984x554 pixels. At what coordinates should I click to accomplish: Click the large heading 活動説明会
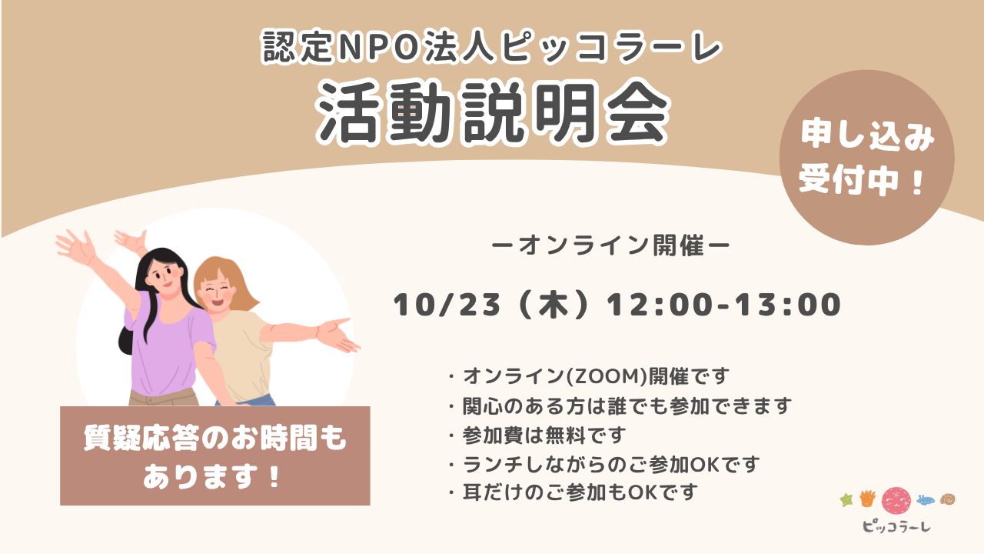click(493, 113)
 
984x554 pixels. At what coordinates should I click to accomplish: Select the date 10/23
click(447, 305)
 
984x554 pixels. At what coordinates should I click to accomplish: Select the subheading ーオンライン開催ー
click(610, 245)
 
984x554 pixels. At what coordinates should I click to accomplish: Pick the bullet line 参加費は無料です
click(544, 436)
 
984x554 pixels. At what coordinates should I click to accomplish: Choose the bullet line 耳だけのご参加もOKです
click(580, 492)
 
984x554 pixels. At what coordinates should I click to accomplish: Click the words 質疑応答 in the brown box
click(143, 439)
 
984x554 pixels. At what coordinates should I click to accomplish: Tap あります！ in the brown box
click(211, 476)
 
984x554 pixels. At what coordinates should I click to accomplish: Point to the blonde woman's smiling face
click(216, 292)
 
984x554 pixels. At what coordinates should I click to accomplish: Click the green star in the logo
click(846, 500)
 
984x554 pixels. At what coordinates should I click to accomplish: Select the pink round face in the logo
click(896, 500)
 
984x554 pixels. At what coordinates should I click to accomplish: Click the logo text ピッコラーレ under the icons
click(896, 526)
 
